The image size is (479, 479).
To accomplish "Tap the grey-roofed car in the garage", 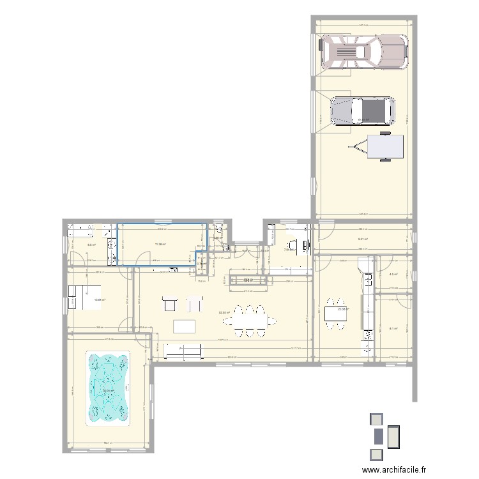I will coord(362,111).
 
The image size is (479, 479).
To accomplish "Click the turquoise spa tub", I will coord(109,389).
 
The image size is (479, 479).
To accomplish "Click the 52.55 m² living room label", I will coord(225,312).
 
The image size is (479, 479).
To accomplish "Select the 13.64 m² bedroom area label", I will coord(99,299).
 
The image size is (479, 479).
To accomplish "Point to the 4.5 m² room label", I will coord(393,275).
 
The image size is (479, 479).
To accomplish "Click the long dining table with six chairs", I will coord(250,321).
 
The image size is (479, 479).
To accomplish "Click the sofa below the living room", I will coord(183,350).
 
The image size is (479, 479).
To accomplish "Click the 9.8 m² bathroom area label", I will coord(91,244).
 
